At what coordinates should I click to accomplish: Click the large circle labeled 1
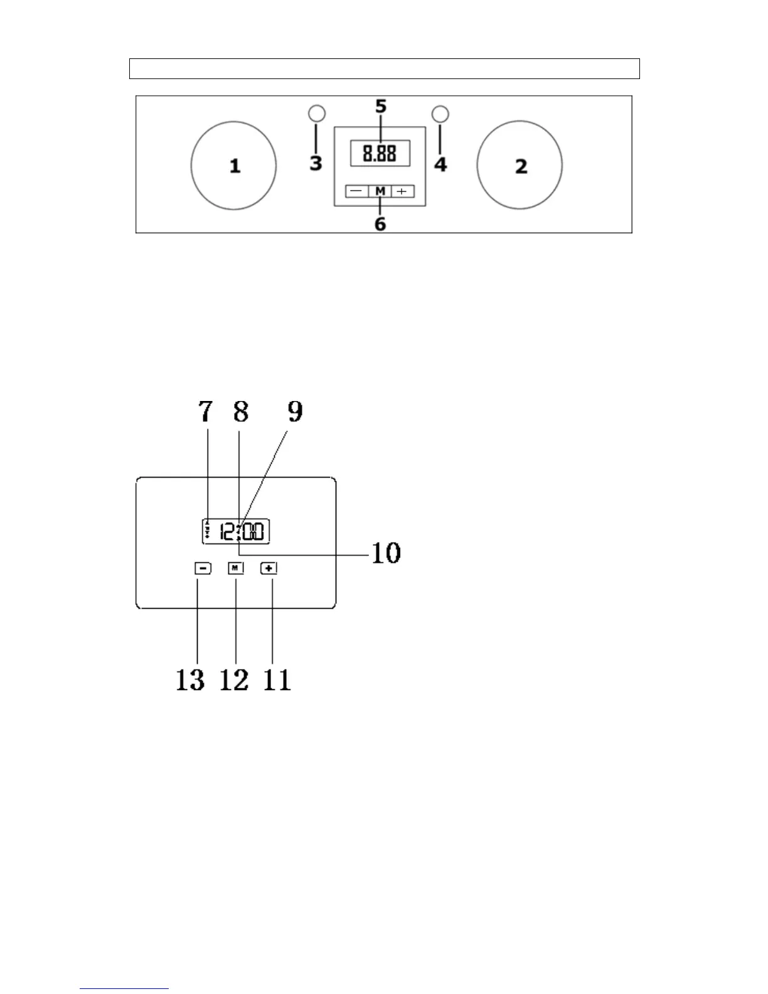(233, 166)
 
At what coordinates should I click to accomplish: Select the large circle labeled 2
(520, 165)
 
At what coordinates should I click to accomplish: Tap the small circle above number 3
(317, 114)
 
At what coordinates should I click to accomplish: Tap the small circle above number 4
(441, 114)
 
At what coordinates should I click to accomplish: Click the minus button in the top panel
(356, 191)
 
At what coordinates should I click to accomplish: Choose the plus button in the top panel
(402, 191)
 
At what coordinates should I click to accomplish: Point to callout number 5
(381, 107)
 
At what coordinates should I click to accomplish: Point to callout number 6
(380, 224)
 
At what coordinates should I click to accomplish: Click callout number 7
(206, 412)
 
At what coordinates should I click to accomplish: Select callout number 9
(295, 412)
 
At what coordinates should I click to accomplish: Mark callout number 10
(386, 553)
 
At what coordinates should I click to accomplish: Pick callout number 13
(190, 680)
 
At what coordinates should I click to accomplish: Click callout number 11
(277, 680)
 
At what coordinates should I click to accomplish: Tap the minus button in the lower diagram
(203, 568)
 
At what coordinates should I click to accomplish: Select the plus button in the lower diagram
(269, 568)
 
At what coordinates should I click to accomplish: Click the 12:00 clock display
(236, 532)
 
